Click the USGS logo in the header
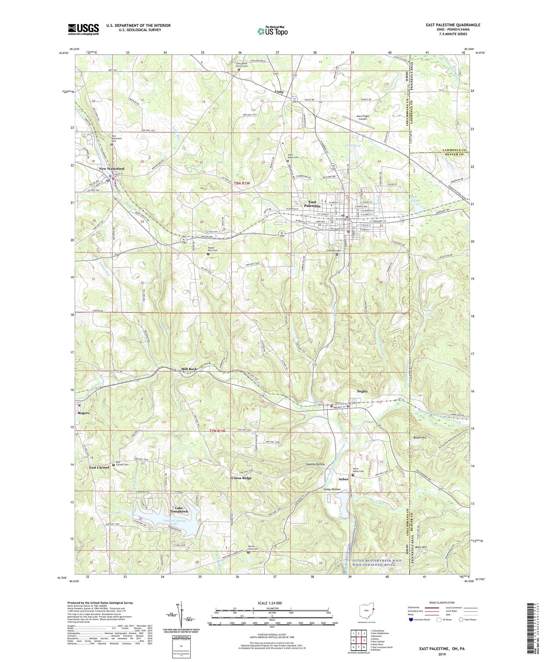pos(83,29)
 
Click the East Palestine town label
pos(314,204)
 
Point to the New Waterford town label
pos(111,169)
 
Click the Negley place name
pos(363,391)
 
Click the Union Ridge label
pos(241,478)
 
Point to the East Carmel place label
pos(99,467)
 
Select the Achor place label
pos(343,479)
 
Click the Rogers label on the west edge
pos(83,413)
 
